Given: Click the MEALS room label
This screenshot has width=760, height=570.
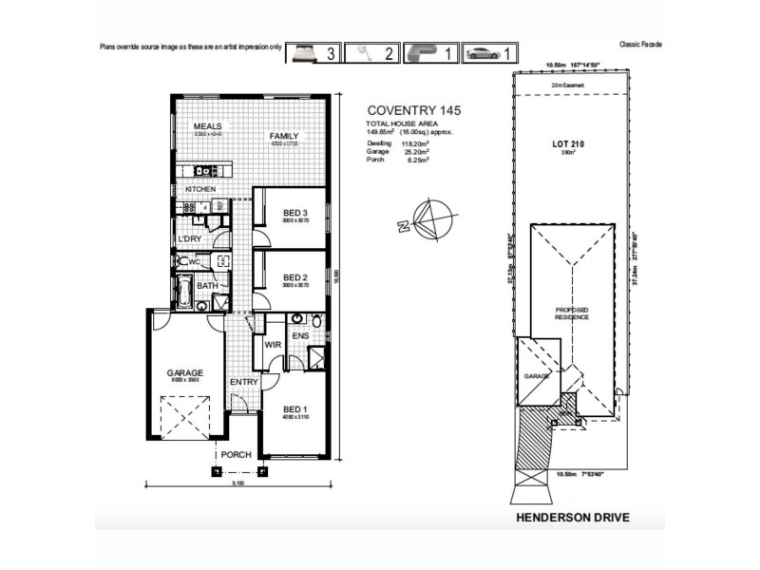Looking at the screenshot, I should pos(207,126).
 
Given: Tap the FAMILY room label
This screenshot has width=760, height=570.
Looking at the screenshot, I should pos(283,136).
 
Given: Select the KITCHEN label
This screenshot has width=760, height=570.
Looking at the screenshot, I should pos(200,190).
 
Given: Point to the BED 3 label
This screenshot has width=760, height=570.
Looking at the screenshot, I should pos(295,212).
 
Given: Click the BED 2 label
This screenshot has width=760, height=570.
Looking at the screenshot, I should pos(295,277).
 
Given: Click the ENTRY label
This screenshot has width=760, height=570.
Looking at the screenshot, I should pos(244,382).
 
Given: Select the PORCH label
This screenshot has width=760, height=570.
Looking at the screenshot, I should pos(236,455).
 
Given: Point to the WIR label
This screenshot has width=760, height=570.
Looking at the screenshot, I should pos(273,345).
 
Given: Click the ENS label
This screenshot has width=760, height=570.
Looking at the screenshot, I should pos(300,335).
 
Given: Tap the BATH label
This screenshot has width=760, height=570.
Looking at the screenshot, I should pos(207,285).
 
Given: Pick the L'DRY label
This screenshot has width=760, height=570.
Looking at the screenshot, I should pos(188,237).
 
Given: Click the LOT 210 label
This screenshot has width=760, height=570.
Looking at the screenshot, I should pos(567,144).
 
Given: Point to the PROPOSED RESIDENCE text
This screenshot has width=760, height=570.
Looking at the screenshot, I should pos(573,314).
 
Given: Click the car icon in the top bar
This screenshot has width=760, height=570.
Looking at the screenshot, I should pos(484,53).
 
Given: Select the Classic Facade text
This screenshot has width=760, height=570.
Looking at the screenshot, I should pos(640,44).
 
